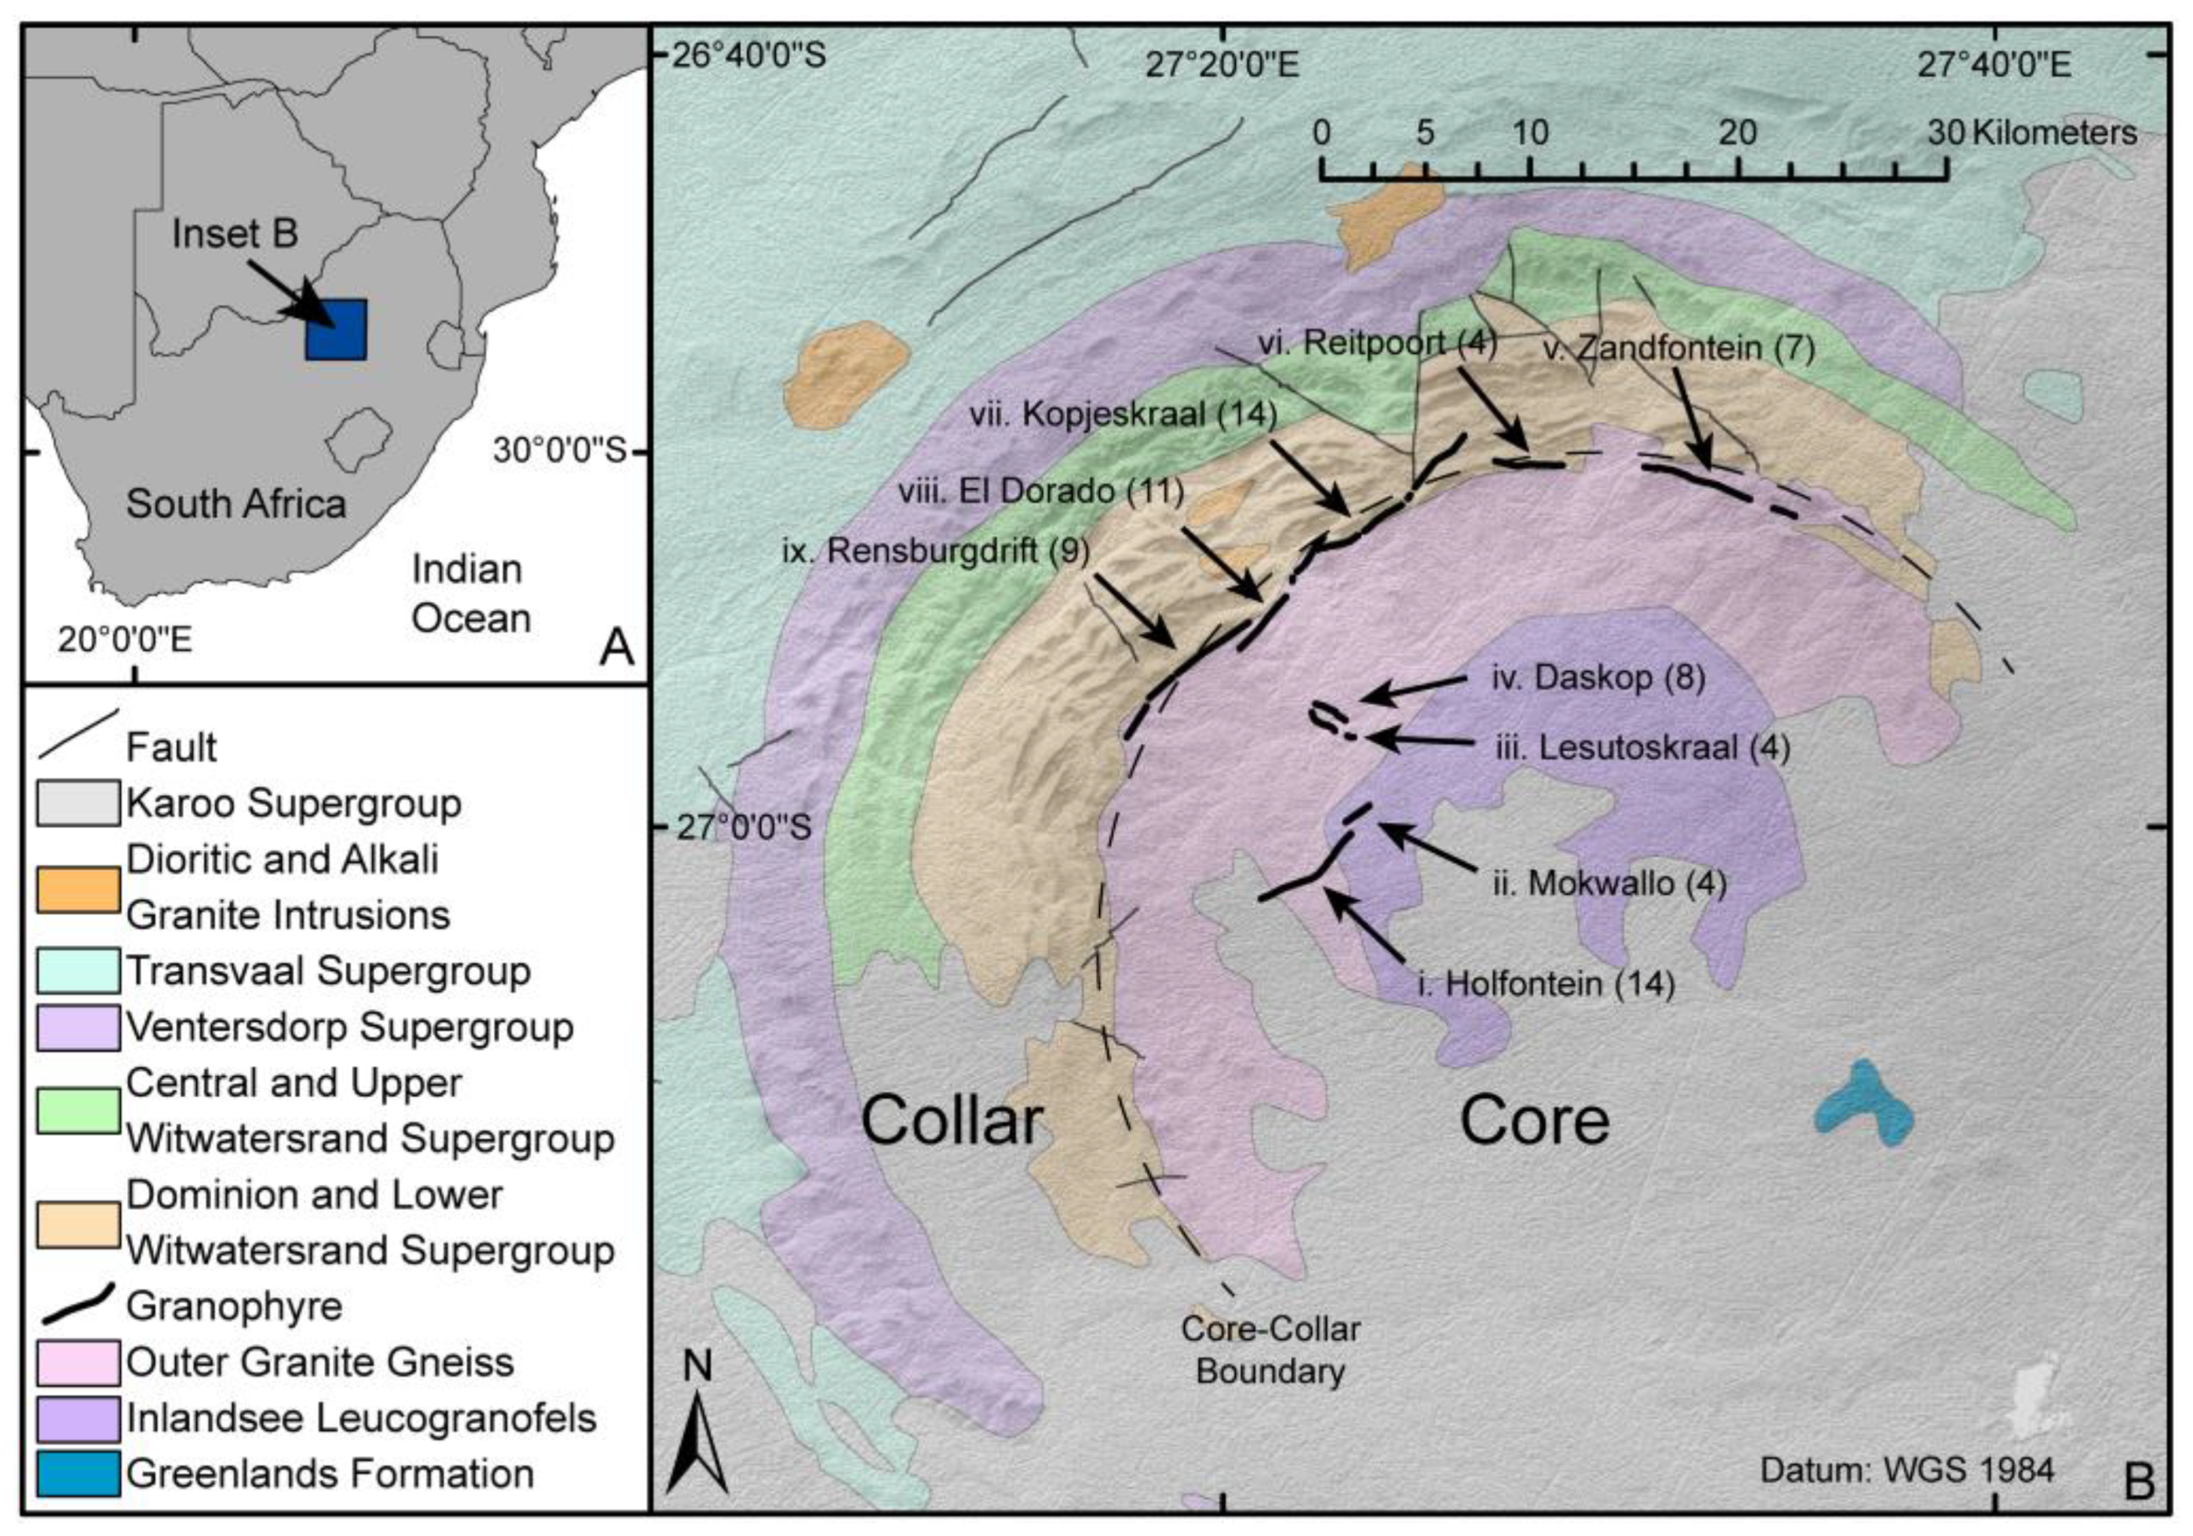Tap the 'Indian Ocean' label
click(470, 594)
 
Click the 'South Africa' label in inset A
click(236, 503)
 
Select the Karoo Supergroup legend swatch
click(78, 802)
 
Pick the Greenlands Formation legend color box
click(78, 1473)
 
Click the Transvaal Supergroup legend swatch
click(78, 971)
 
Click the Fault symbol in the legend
click(78, 734)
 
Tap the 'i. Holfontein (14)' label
click(1546, 983)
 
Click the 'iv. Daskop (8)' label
click(1598, 677)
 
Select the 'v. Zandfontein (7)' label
click(1678, 348)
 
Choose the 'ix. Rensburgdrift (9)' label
click(935, 551)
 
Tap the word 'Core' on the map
click(1534, 1121)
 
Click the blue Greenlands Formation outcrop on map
click(1863, 1108)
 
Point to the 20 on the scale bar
click(1736, 133)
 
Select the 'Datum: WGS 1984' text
click(1907, 1469)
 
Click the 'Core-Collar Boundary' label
click(1270, 1350)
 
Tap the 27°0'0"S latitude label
click(744, 826)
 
